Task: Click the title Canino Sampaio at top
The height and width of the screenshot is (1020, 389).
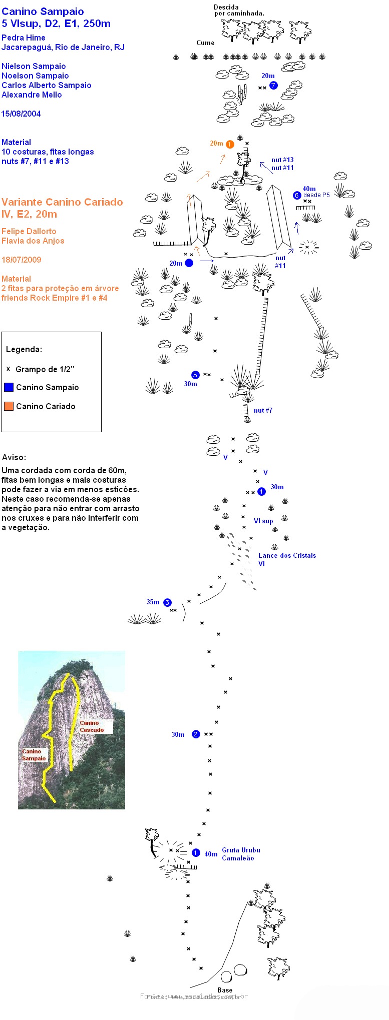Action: click(43, 12)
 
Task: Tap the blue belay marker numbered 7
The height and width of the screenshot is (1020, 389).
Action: click(273, 86)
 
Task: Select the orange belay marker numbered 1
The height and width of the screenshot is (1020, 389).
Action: click(230, 145)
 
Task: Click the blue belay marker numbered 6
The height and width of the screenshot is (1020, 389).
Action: click(297, 196)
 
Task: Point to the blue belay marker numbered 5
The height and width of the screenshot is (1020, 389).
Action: click(195, 375)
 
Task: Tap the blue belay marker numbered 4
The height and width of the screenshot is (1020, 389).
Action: click(261, 492)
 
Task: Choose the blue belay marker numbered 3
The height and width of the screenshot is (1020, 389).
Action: click(167, 602)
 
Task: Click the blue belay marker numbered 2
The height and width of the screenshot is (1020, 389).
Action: click(196, 734)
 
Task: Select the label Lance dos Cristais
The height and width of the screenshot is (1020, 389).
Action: click(287, 556)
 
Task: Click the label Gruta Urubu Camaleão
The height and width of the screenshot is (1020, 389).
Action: click(241, 854)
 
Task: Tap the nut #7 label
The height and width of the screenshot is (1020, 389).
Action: click(263, 411)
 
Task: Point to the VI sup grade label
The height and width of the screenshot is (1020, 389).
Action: click(263, 521)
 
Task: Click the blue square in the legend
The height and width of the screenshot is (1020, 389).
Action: click(9, 387)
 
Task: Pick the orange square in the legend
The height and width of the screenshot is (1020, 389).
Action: click(9, 406)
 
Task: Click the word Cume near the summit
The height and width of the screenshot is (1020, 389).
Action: click(205, 43)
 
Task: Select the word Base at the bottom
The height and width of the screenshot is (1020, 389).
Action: click(225, 990)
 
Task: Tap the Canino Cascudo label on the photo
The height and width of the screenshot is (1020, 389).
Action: click(92, 726)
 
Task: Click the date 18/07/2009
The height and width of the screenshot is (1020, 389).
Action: click(21, 260)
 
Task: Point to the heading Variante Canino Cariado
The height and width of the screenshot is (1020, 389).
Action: click(62, 202)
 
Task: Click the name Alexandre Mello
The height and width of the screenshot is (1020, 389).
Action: click(32, 95)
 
